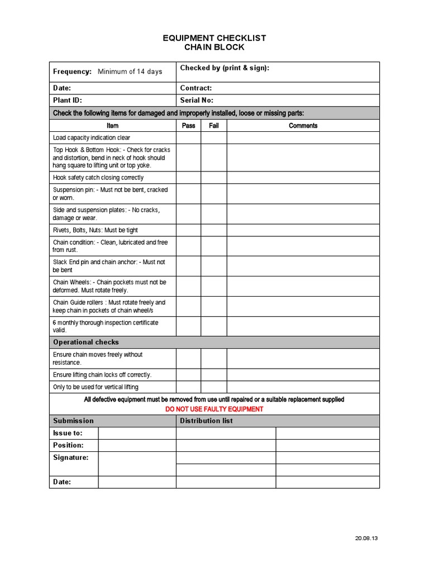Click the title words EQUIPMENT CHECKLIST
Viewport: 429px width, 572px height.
point(214,38)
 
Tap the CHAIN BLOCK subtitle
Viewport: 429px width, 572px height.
point(214,47)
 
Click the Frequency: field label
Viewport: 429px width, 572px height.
point(72,71)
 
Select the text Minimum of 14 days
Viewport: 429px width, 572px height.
point(130,71)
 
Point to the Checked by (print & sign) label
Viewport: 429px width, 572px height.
point(225,68)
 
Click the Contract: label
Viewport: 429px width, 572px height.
point(196,88)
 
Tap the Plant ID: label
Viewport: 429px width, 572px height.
point(67,101)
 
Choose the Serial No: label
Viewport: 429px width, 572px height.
point(197,101)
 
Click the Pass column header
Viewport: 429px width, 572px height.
point(189,126)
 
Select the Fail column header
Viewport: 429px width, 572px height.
point(214,126)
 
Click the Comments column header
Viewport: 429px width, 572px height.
point(303,126)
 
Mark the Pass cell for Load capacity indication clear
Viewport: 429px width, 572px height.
point(189,138)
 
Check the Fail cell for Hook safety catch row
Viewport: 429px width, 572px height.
point(214,178)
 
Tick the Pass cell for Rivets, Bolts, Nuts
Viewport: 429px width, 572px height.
point(189,230)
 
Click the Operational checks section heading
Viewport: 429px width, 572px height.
point(85,342)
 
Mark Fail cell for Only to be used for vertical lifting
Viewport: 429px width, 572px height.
point(214,387)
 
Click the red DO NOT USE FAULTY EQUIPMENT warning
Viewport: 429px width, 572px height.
point(214,409)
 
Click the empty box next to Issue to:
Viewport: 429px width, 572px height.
point(137,433)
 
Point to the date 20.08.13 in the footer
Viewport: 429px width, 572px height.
point(366,538)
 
